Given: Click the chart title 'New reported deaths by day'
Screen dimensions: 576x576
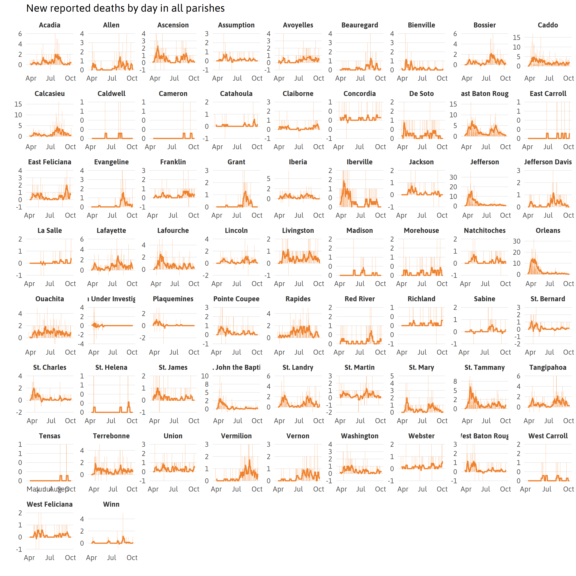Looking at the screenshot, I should (125, 8).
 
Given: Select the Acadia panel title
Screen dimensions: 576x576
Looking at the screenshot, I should (50, 25).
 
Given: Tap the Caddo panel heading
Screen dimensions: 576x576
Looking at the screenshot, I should (548, 25).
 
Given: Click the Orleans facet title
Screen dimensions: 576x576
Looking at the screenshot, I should (548, 230).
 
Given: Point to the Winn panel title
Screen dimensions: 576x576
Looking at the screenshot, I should (111, 504).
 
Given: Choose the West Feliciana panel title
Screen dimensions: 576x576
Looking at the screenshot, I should (50, 504).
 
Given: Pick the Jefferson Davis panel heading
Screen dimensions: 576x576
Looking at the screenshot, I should (548, 162).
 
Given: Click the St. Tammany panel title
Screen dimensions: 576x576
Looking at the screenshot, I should (484, 367).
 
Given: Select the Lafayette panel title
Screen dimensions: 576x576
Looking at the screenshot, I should (111, 230).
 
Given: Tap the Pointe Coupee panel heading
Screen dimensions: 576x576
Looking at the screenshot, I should (236, 299).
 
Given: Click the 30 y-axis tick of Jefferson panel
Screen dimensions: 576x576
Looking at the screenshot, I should (453, 177).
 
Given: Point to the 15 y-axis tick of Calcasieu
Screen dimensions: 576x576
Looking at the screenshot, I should (18, 104).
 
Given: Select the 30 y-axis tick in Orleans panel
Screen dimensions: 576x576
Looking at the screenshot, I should (516, 241).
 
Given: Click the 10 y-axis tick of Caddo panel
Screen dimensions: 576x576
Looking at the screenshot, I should (516, 47).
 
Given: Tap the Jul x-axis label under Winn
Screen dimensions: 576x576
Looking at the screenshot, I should (112, 558).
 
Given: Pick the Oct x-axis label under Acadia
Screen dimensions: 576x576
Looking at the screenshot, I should (70, 78).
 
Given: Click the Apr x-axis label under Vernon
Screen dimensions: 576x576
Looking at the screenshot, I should (278, 489).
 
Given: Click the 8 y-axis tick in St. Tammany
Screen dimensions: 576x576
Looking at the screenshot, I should (455, 381).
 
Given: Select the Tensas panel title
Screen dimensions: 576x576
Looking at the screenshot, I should (50, 436).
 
